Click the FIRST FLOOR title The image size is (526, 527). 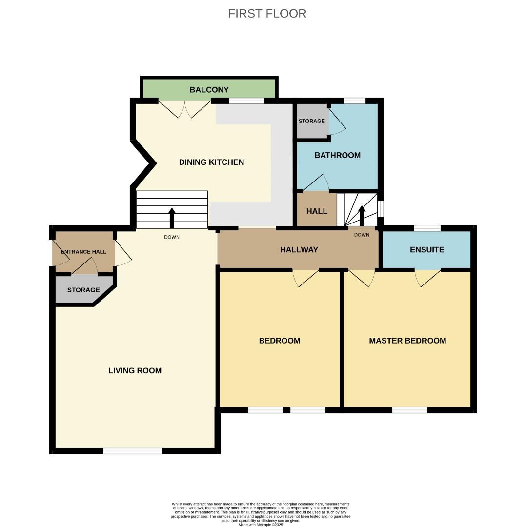(x=267, y=14)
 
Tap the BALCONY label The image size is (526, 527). (x=209, y=90)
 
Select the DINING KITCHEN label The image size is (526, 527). (x=211, y=162)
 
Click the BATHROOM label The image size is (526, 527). (x=337, y=155)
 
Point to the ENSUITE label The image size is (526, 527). (x=426, y=250)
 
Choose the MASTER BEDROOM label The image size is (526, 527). (x=407, y=341)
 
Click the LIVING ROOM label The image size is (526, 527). (x=135, y=370)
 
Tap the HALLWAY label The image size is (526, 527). (x=299, y=250)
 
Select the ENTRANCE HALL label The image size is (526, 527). (x=83, y=252)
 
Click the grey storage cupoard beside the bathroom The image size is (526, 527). (x=311, y=121)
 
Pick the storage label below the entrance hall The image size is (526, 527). (x=83, y=290)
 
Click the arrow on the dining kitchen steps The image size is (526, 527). (x=172, y=218)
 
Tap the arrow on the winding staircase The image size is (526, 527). (x=362, y=215)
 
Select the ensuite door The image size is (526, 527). (x=428, y=277)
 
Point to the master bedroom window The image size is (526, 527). (x=409, y=410)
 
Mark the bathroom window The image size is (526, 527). (x=355, y=101)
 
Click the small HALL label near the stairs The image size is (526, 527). (x=316, y=211)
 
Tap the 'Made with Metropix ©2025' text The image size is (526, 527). (x=261, y=525)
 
